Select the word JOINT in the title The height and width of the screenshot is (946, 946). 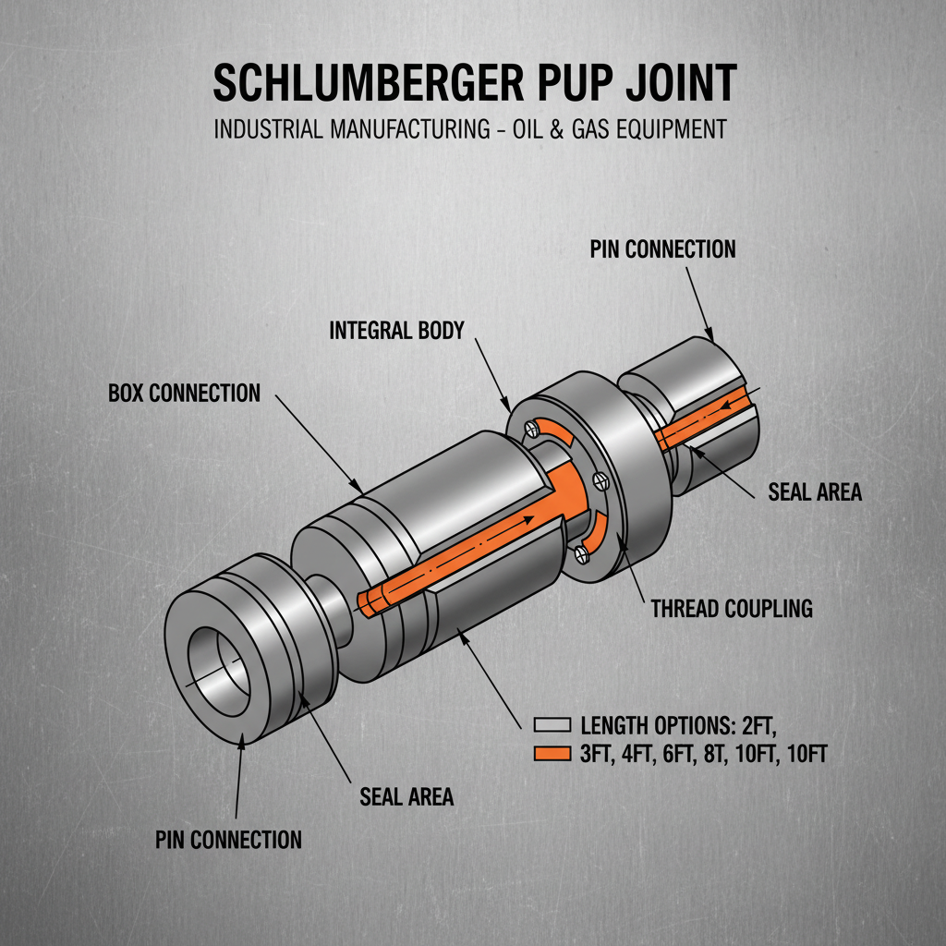click(x=678, y=84)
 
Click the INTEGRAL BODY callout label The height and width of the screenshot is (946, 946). click(x=396, y=330)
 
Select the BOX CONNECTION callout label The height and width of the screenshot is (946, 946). click(x=184, y=393)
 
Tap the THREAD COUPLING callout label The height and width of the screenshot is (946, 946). click(x=732, y=609)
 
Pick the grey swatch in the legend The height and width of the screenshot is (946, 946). click(x=552, y=725)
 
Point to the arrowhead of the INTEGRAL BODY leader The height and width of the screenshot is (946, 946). click(x=506, y=408)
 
